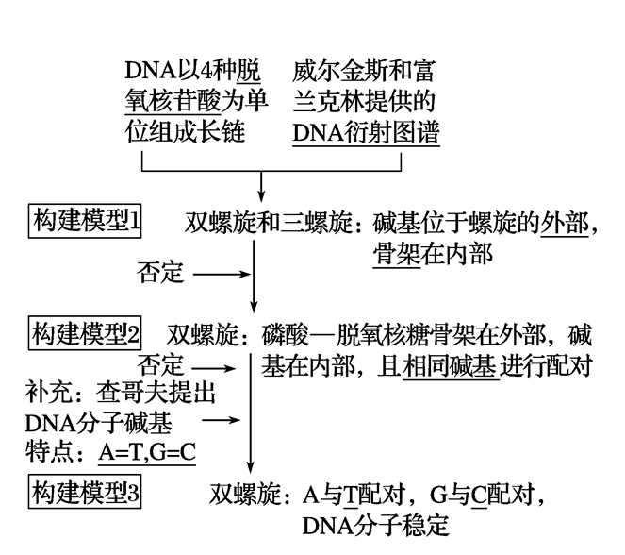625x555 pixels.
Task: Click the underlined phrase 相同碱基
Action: tap(448, 365)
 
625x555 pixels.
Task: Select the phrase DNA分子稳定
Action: tap(368, 524)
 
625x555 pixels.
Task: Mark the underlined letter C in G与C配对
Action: tap(478, 495)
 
